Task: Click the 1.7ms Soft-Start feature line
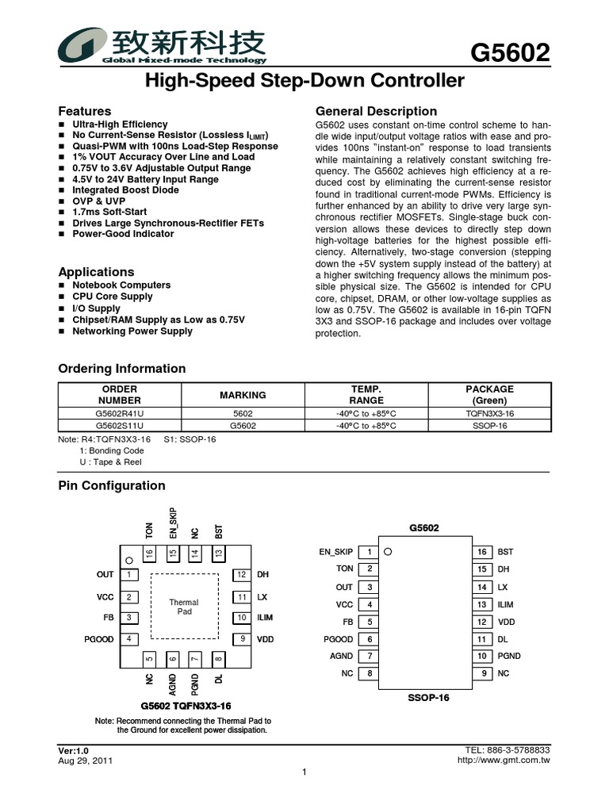[x=112, y=213]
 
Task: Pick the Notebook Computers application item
[x=121, y=285]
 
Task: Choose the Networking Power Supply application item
[x=132, y=331]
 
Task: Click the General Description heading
[x=376, y=111]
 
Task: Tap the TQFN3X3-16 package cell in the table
[x=489, y=413]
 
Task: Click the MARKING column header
[x=243, y=395]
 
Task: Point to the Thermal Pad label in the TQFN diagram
[x=184, y=607]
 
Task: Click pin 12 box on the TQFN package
[x=239, y=575]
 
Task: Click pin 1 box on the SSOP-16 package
[x=369, y=552]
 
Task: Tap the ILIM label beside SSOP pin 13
[x=506, y=604]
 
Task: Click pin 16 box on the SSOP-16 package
[x=481, y=552]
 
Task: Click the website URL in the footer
[x=504, y=760]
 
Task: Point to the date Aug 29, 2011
[x=86, y=760]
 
